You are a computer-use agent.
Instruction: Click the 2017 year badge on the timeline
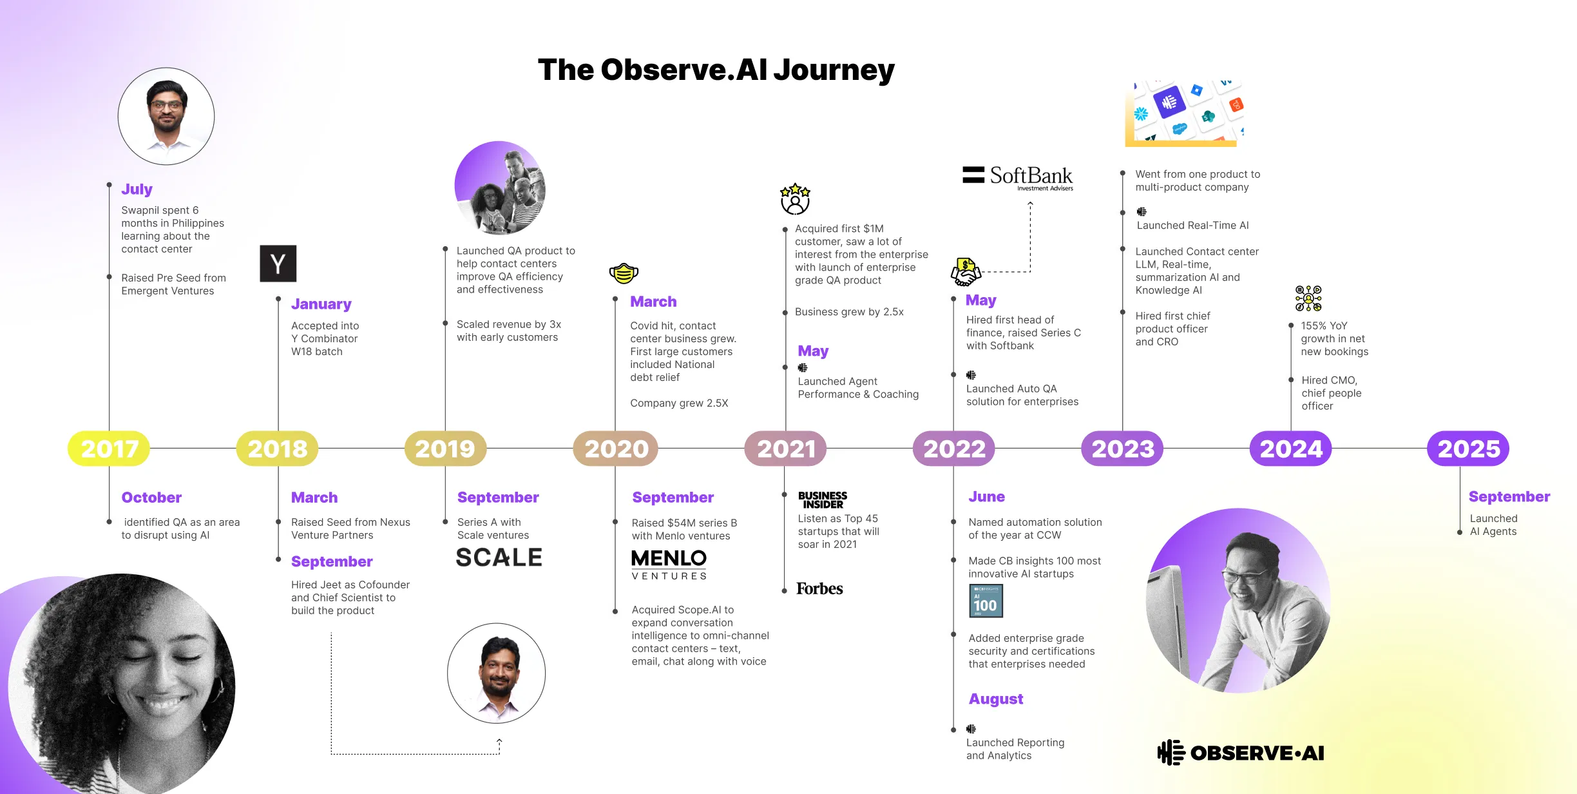point(109,449)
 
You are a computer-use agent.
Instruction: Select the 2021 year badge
point(785,449)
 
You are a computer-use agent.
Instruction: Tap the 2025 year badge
point(1468,449)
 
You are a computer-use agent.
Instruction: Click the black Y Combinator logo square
point(278,264)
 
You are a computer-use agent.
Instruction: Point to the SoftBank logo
point(1018,177)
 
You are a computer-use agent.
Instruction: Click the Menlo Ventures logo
point(669,565)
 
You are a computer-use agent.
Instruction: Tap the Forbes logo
point(819,588)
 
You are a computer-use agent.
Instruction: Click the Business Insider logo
point(822,500)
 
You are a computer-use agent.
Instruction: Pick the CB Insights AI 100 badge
point(986,601)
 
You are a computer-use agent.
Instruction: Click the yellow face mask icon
point(624,273)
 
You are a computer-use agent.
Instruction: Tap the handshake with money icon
point(966,272)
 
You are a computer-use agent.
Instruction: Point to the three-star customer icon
point(795,198)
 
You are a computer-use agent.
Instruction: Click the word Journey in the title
point(834,70)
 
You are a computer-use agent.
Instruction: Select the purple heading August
point(995,699)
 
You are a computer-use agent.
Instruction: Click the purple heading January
point(321,304)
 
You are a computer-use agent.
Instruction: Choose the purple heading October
point(151,498)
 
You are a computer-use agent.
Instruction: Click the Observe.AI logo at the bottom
point(1241,753)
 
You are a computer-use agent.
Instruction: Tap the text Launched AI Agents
point(1493,525)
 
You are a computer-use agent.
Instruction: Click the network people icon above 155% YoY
point(1308,298)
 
